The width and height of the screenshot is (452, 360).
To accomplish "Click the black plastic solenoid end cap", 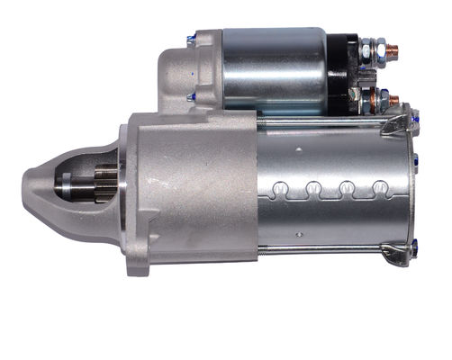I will [342, 72].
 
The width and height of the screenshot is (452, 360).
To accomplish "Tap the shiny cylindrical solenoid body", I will [275, 70].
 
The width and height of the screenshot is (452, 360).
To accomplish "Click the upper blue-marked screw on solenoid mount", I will [191, 40].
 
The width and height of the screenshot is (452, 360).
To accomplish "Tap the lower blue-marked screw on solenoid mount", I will [191, 96].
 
